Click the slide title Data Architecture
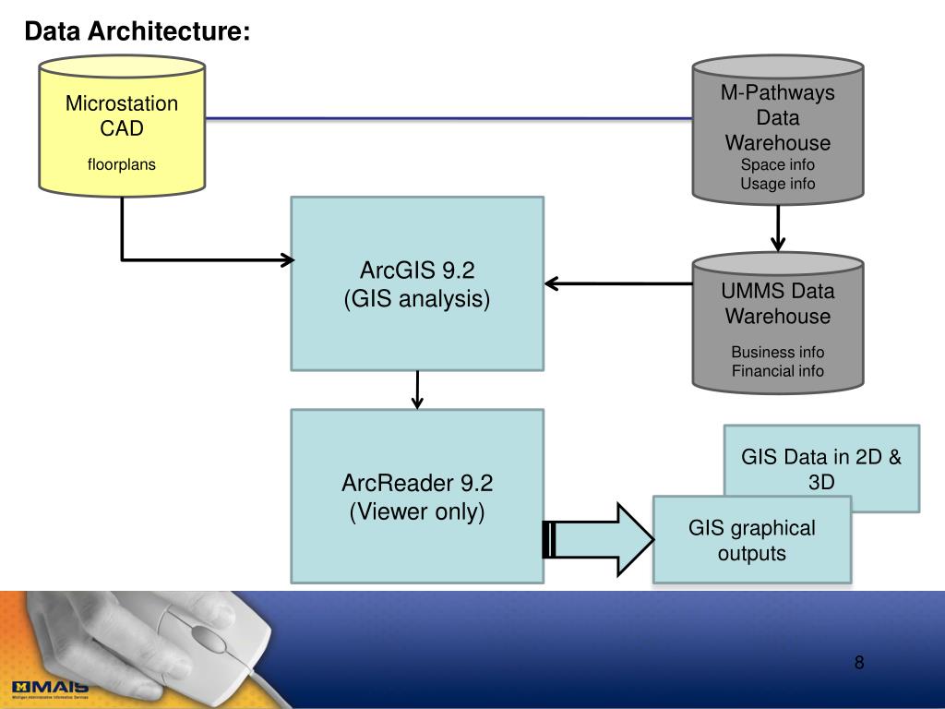point(137,31)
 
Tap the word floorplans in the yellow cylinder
point(122,165)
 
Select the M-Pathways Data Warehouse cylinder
point(778,129)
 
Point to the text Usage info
point(778,184)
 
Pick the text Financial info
point(778,371)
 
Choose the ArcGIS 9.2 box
point(417,283)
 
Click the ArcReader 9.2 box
point(417,496)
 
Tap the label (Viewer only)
point(417,511)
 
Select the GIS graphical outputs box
point(751,540)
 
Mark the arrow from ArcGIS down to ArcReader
point(418,390)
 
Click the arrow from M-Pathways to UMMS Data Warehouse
point(778,225)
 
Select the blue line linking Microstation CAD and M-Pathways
point(449,119)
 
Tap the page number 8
point(859,662)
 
